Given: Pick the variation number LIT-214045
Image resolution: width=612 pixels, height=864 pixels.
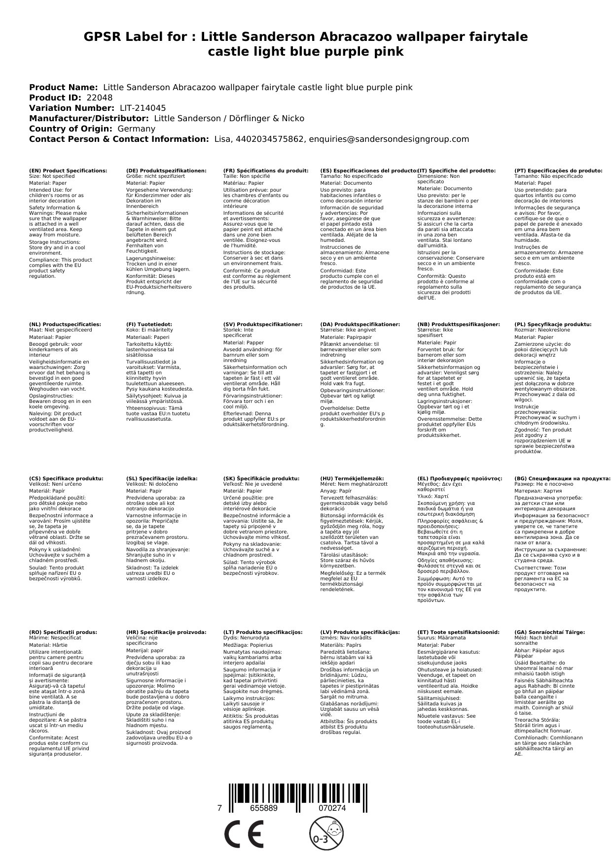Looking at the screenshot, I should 143,108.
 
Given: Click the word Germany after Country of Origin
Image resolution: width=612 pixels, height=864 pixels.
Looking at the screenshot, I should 136,129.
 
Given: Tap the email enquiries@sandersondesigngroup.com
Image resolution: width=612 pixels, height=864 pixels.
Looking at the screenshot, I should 389,139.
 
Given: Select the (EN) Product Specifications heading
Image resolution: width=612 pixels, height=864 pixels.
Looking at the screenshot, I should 68,170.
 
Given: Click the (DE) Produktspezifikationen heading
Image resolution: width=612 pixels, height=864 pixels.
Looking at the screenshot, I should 166,170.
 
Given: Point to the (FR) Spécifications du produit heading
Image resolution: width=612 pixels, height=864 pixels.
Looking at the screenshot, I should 266,170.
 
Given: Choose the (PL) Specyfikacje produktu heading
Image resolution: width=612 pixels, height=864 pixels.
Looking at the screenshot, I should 553,325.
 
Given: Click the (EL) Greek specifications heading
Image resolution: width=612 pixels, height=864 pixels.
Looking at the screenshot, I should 460,478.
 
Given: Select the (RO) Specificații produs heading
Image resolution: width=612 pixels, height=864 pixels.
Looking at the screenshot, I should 63,632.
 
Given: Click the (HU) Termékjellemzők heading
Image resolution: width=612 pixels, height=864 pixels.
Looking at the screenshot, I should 352,478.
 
